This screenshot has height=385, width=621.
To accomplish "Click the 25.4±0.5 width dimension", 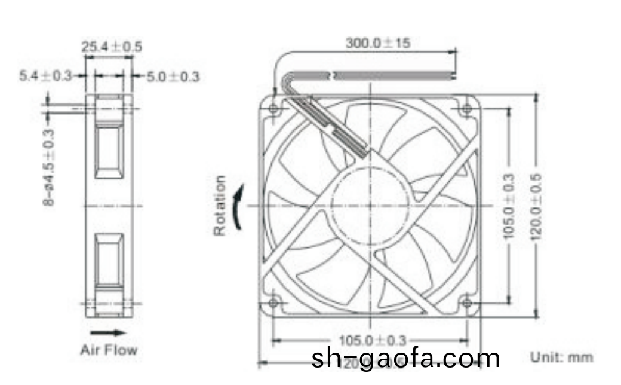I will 112,46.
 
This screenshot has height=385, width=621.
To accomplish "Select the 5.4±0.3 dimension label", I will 45,76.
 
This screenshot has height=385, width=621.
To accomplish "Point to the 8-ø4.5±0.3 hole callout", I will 49,168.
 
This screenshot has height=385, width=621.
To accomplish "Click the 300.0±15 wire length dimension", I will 377,43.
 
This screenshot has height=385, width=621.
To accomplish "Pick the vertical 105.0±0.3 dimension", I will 509,206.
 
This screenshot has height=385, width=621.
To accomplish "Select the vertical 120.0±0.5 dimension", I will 536,206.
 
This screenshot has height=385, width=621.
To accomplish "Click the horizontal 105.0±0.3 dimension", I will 371,340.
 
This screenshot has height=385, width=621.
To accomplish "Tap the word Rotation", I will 220,205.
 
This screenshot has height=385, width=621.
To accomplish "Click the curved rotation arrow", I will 238,206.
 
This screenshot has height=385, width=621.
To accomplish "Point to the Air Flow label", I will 108,350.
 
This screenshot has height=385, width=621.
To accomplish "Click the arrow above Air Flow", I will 108,332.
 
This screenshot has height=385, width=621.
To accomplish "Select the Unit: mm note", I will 562,357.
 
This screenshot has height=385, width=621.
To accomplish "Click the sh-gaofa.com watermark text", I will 405,358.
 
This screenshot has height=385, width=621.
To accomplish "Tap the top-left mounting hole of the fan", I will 274,109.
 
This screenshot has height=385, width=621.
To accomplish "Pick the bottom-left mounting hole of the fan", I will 274,302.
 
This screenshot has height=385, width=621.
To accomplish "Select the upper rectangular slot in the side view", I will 109,150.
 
